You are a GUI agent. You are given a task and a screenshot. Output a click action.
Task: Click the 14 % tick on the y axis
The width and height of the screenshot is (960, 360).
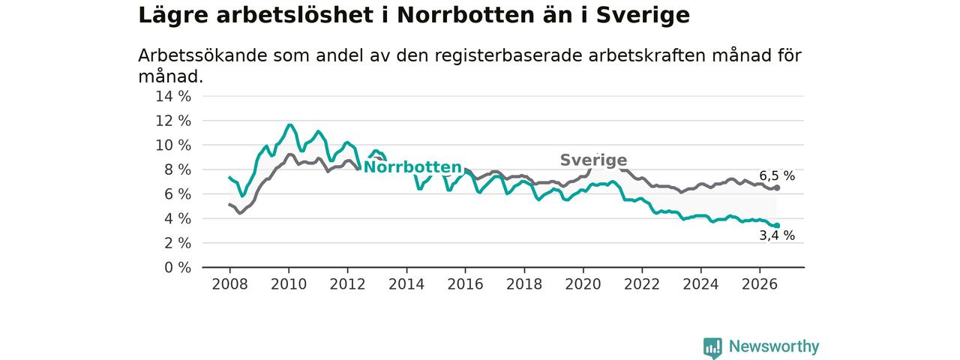tap(173, 97)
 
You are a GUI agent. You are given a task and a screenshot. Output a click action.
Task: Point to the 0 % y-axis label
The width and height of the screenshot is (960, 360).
tap(178, 268)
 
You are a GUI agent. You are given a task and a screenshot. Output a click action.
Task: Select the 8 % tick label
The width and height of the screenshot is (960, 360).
tap(178, 169)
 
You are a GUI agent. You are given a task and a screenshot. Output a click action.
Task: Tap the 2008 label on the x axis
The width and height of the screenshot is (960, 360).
tap(229, 284)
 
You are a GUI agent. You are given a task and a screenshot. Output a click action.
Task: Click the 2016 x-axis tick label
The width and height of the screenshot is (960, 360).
tap(465, 284)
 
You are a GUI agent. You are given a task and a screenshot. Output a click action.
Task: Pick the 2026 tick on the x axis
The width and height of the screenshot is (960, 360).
tap(760, 284)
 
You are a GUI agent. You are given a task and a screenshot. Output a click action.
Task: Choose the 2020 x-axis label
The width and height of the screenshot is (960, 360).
tap(583, 284)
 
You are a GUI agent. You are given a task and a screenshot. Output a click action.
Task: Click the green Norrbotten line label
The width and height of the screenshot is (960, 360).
tap(412, 167)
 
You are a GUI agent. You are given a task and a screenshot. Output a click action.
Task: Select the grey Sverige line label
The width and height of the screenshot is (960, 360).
tap(593, 160)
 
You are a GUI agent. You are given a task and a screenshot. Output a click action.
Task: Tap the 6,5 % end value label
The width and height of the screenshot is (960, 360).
tap(777, 175)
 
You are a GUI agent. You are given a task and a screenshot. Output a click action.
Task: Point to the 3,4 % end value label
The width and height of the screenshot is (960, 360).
tap(777, 235)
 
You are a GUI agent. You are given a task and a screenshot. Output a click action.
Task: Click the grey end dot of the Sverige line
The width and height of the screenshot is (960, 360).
tap(777, 187)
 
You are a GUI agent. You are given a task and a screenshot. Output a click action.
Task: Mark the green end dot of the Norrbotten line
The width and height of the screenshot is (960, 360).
tap(777, 226)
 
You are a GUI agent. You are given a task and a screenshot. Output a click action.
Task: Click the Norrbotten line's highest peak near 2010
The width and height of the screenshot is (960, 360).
tap(290, 125)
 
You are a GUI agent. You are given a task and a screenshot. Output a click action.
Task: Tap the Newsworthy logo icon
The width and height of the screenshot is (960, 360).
tap(712, 347)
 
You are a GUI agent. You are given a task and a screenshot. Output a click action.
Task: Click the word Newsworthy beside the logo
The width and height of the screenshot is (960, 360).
tap(774, 346)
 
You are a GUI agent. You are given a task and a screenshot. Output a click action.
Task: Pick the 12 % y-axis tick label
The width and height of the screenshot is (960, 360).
tap(173, 121)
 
